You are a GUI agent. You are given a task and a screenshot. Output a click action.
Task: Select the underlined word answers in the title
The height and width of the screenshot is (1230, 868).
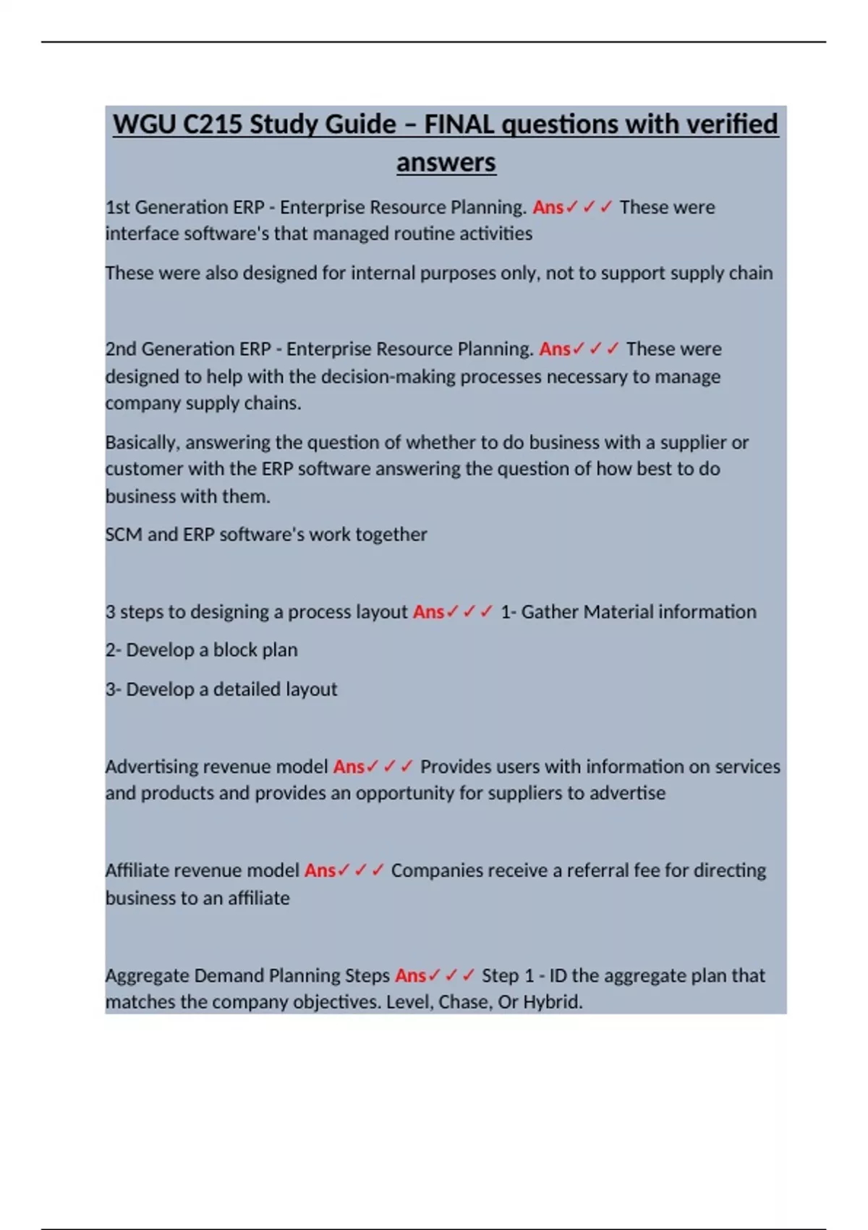[x=446, y=162]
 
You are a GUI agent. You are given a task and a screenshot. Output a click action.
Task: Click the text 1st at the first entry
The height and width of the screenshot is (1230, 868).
[x=117, y=208]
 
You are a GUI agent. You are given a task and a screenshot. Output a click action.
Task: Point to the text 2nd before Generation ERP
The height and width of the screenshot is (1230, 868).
[x=121, y=349]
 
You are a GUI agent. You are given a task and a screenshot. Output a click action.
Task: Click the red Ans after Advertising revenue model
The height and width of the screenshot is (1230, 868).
[x=349, y=767]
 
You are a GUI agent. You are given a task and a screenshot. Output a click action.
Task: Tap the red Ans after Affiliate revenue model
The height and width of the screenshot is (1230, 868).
[x=320, y=870]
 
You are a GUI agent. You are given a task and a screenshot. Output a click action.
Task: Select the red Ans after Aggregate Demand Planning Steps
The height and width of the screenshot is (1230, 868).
[x=410, y=976]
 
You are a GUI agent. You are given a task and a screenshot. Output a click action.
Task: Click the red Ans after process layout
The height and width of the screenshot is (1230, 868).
[x=428, y=612]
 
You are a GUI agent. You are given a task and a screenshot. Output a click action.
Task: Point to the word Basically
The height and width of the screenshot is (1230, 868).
[x=142, y=443]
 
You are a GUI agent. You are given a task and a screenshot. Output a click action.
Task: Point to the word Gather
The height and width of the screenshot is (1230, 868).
[x=550, y=612]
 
